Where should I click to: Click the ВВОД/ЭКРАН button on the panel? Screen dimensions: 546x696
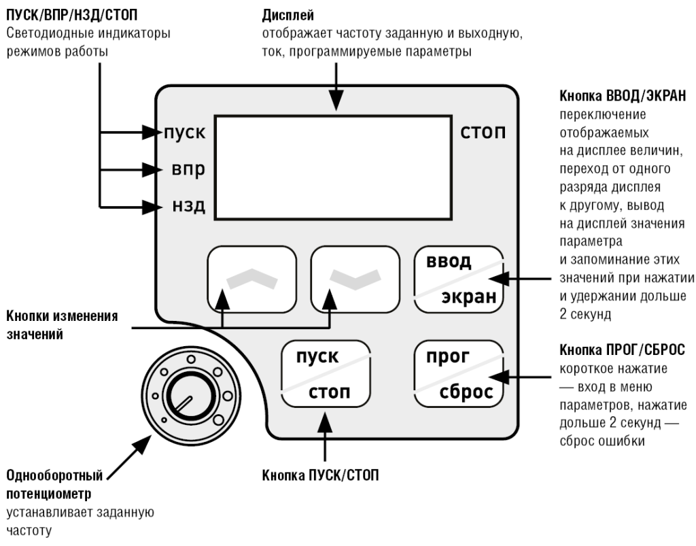(459, 279)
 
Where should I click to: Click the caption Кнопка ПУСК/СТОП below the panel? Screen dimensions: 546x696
(320, 475)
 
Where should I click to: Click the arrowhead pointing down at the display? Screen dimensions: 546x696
(333, 102)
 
